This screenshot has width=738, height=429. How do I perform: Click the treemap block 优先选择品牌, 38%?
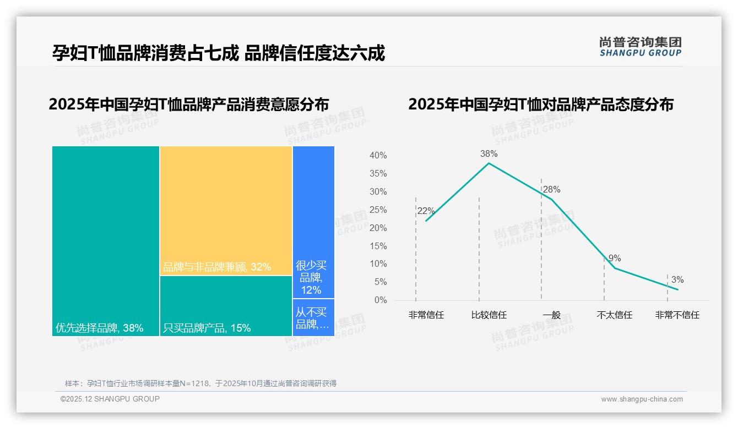[106, 240]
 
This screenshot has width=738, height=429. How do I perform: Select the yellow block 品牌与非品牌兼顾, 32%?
[226, 210]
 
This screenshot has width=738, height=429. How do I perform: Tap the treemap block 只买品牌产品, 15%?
[226, 306]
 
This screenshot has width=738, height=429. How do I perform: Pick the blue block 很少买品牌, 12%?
[313, 222]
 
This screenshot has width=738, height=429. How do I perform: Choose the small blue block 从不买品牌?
[313, 317]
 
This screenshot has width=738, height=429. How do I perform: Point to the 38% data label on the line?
[489, 153]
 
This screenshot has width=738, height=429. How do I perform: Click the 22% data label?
[426, 211]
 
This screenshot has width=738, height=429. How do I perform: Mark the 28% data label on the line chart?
[551, 190]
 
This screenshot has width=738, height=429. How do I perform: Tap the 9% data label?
[615, 258]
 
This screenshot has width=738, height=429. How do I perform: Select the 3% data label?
[677, 280]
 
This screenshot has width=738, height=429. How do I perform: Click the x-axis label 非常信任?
[426, 315]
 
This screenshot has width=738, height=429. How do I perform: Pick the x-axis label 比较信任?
[489, 315]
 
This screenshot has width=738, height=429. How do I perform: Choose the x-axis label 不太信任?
[615, 315]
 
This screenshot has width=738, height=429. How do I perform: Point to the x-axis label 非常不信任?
[677, 315]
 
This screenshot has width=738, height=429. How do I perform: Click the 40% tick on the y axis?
[378, 156]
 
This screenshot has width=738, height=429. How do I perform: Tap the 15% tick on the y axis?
[378, 246]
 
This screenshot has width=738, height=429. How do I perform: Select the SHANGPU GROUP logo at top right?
[641, 47]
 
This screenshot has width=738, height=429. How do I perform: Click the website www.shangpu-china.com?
[642, 399]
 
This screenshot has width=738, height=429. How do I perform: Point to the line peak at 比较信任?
[489, 163]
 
